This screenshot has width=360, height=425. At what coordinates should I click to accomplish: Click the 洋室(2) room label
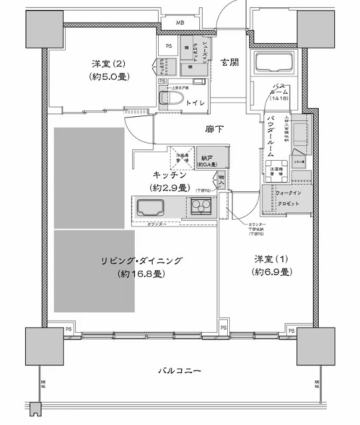109,64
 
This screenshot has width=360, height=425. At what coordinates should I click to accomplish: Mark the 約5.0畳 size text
109,77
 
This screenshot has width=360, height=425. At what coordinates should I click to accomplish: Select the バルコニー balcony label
179,370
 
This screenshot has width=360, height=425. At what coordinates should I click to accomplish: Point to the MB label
180,23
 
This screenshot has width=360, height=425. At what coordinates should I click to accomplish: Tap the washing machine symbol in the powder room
274,168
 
